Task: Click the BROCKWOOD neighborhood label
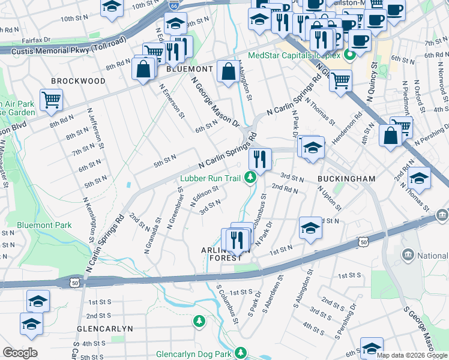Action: (x=78, y=81)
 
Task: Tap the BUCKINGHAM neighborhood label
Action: (x=346, y=179)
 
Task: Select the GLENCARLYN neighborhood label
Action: (x=104, y=329)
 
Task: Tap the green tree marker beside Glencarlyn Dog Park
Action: (x=241, y=353)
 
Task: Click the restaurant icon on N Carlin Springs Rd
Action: (x=260, y=160)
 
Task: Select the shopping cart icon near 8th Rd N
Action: (x=51, y=100)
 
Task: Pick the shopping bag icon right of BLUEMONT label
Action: (x=228, y=72)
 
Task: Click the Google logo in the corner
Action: (x=20, y=353)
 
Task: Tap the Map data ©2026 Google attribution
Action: (x=412, y=355)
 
